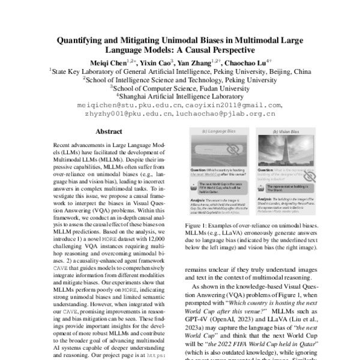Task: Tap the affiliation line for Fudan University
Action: pos(179,87)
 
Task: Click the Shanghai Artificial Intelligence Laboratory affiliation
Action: pos(179,95)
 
